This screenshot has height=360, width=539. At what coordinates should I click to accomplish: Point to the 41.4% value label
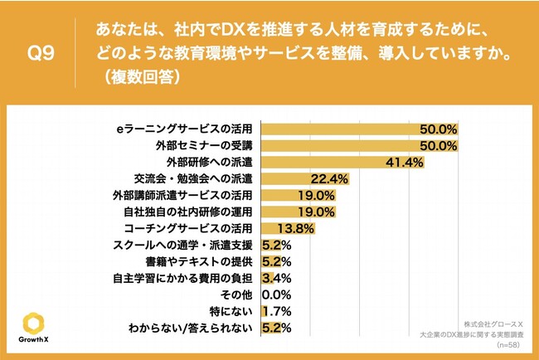405,163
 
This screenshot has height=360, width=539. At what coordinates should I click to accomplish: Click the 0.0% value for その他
274,294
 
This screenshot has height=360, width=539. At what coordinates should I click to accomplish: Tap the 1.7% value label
275,311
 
